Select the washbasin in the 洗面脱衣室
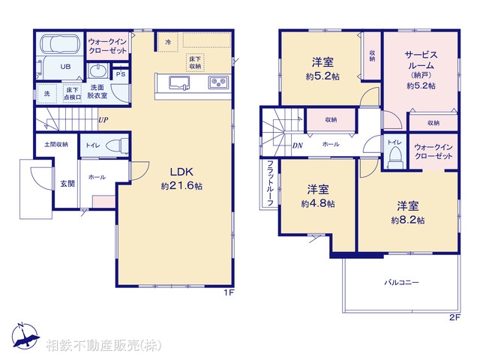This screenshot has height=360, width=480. (98, 72)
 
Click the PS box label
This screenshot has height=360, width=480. (120, 74)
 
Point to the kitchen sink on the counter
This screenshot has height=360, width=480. (179, 81)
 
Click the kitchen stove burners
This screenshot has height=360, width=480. (217, 81)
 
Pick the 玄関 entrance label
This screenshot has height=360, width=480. (67, 183)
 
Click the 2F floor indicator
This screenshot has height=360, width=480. (454, 317)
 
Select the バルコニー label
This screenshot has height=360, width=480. (402, 282)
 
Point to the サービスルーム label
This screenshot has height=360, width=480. (420, 60)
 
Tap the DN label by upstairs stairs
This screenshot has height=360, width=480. (298, 145)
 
